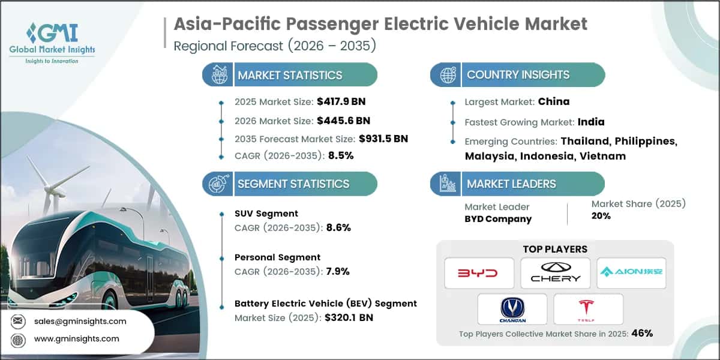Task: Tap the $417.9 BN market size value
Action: coord(337,102)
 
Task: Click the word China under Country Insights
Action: coord(554,101)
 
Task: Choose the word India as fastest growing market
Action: coord(591,122)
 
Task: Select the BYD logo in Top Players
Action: coord(479,273)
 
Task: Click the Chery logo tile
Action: coord(556,273)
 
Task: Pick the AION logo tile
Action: coord(632,273)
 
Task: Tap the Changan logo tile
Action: coord(512,309)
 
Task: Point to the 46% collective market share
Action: coord(641,334)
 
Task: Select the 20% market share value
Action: coord(600,216)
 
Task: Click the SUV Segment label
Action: coord(266,214)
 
